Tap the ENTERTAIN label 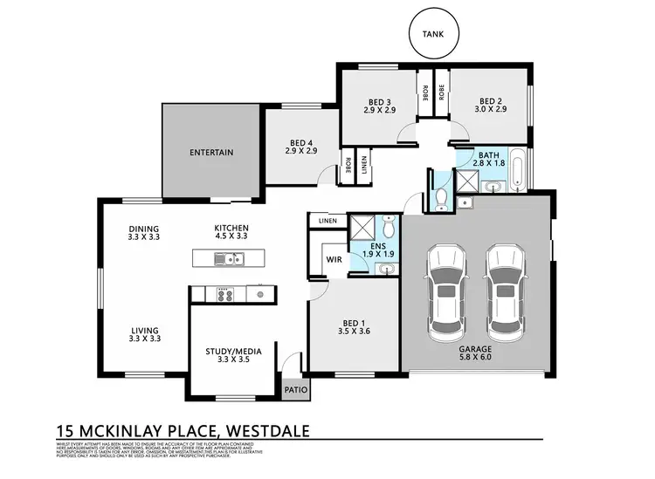tap(211, 153)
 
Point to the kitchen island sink tap(229, 258)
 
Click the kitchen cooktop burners tap(223, 294)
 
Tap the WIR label tap(333, 259)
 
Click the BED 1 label tap(354, 327)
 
